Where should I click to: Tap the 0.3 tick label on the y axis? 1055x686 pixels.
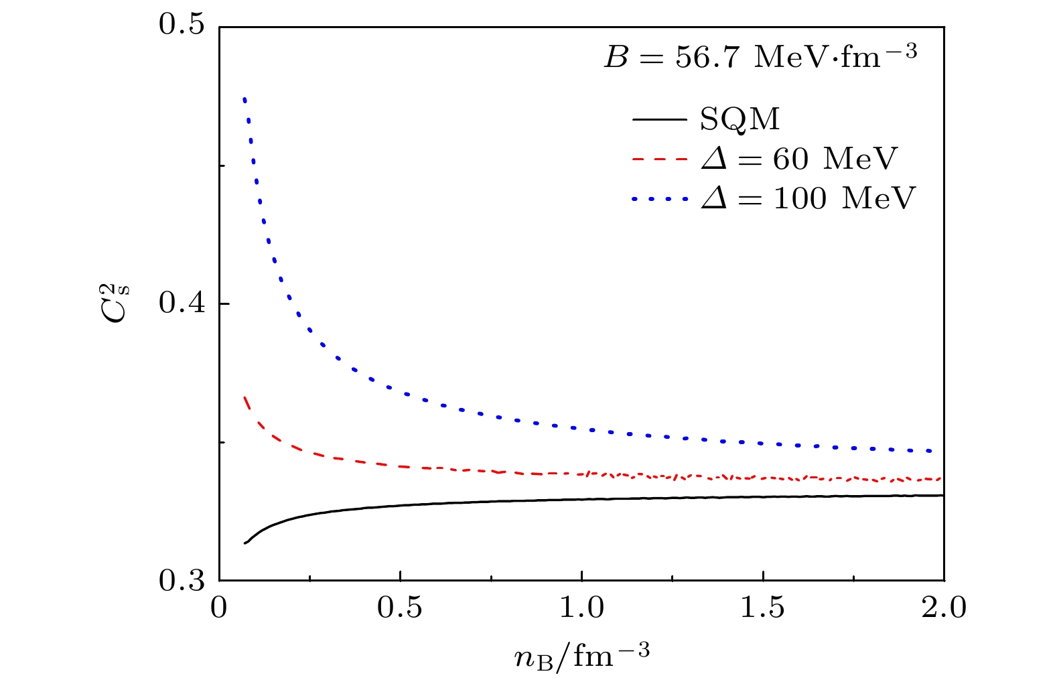tap(182, 581)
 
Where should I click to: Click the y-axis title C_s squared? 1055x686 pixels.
tap(120, 305)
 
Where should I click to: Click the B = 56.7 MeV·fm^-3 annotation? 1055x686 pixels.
tap(760, 58)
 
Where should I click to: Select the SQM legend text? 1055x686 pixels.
tap(740, 120)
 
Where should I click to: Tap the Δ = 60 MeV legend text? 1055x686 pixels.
tap(798, 159)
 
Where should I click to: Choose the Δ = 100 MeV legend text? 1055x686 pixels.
tap(807, 198)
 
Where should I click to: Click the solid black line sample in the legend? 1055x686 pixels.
tap(660, 120)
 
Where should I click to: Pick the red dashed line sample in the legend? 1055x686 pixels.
tap(660, 159)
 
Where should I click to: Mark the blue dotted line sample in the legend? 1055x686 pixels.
tap(660, 198)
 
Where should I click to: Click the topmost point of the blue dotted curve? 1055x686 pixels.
tap(245, 100)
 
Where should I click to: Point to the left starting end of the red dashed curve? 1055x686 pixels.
tap(245, 397)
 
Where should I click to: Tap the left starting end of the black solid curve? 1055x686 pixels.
tap(245, 543)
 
